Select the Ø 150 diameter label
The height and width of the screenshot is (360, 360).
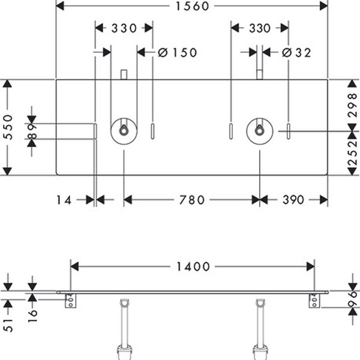click(178, 52)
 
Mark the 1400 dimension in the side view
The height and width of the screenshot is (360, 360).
click(193, 266)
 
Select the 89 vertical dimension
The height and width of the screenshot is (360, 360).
click(32, 131)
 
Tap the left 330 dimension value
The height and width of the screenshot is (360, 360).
click(124, 28)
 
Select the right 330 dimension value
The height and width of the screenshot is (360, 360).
click(259, 28)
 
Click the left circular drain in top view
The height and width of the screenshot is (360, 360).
click(124, 131)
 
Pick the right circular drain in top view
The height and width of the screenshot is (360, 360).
click(259, 131)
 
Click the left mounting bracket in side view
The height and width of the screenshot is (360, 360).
click(71, 300)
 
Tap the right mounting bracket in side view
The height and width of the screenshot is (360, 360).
click(314, 300)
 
